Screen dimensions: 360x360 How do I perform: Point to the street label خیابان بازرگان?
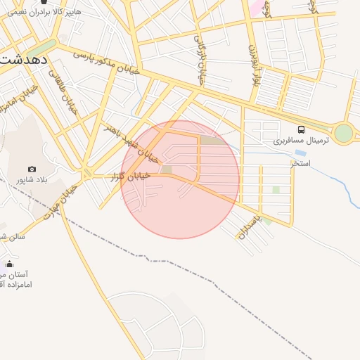pos(201,60)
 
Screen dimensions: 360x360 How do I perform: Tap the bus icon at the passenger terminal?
pos(301,129)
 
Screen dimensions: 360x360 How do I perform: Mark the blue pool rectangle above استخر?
pos(300,153)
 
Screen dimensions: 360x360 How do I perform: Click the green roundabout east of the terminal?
pos(343,132)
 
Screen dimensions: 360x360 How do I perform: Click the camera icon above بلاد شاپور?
pos(32,169)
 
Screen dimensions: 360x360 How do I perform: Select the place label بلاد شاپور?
pos(31,180)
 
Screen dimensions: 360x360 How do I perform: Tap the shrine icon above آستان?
pos(9,264)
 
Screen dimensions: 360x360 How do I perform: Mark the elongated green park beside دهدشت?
pos(39,50)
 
